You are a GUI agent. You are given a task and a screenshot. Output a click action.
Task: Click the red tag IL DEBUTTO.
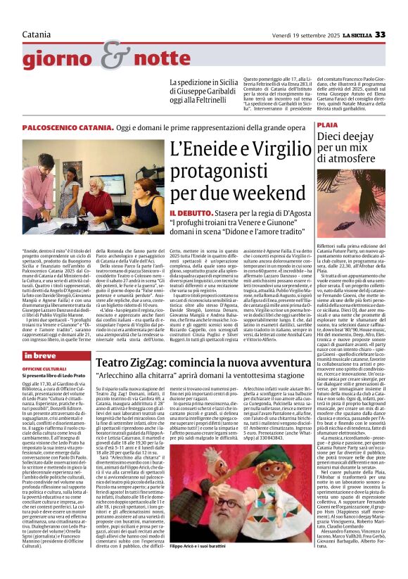click(x=167, y=213)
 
